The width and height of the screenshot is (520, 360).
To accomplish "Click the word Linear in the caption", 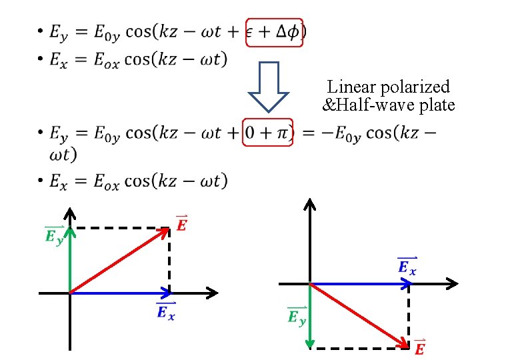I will pos(350,87).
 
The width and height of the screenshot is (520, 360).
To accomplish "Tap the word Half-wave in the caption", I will pos(371,105).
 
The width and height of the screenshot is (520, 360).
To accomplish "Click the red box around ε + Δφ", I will pos(275,31).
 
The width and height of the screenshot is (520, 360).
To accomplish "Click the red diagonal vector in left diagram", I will pos(120,260).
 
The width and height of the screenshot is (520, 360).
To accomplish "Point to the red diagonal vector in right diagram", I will pos(360,315).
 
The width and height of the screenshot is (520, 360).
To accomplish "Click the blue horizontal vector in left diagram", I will pos(120,292).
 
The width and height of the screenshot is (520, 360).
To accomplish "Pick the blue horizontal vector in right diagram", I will pos(360,283).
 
